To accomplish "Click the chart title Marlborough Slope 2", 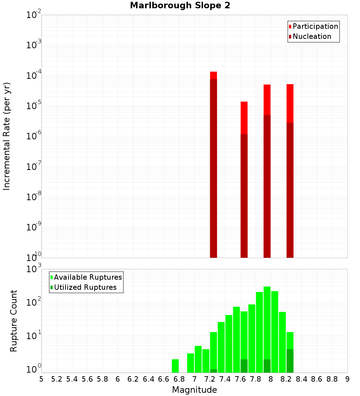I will point(180,6).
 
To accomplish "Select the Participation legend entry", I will point(313,26).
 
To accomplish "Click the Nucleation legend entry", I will point(310,36).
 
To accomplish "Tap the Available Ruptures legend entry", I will point(86,277).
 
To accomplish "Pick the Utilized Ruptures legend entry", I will point(83,287).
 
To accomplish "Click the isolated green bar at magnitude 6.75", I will point(175,366).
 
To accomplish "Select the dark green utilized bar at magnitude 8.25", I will point(290,361).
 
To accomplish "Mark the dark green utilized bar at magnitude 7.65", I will point(244,366).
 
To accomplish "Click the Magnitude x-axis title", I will point(194,390).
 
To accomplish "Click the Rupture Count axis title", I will point(14,321).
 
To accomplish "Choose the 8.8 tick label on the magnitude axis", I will point(332,379).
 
